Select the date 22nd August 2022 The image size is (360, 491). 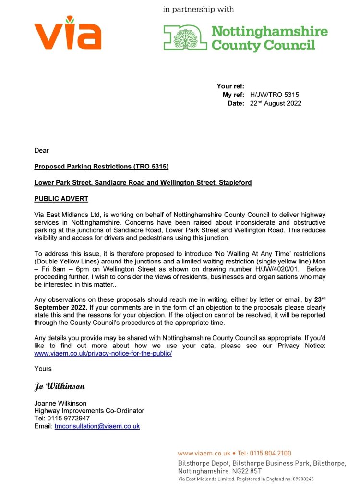point(276,103)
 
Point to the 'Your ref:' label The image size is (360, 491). point(230,86)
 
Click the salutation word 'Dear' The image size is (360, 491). point(42,151)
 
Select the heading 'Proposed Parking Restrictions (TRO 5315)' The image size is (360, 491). point(101,167)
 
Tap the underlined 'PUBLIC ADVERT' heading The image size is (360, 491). point(61,199)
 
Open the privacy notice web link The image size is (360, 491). point(103,353)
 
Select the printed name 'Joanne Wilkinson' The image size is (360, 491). point(60,404)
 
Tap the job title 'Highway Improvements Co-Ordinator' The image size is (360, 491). point(89,411)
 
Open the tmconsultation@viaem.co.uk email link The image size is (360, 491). point(97,426)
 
